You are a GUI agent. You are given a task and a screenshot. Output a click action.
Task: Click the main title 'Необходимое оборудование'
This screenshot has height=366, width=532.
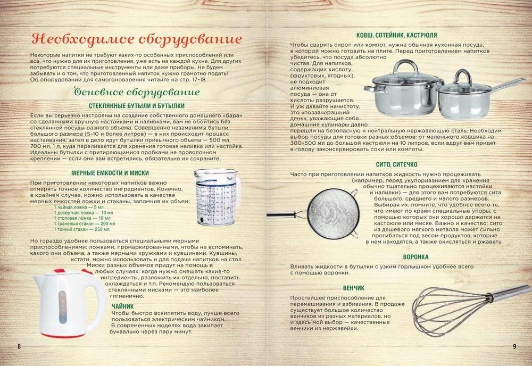(136, 39)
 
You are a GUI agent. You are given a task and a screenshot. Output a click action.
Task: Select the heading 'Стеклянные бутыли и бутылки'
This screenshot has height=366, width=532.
(136, 106)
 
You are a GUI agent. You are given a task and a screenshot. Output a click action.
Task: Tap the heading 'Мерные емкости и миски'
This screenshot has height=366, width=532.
(110, 173)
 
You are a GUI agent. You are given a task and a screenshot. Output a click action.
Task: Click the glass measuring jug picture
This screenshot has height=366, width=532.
(217, 197)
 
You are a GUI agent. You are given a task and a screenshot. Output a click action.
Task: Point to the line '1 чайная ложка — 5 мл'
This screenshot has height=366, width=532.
(79, 207)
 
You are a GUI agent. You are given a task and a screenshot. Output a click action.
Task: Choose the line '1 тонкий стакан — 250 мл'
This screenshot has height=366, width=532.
(81, 229)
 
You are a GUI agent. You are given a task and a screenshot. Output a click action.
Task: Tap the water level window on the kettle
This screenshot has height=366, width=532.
(62, 306)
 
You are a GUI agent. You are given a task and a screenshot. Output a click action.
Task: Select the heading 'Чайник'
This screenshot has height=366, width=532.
(123, 306)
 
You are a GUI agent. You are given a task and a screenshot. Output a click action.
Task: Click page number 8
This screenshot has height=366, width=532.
(19, 346)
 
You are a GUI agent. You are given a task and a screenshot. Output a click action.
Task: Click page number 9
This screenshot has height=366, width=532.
(514, 346)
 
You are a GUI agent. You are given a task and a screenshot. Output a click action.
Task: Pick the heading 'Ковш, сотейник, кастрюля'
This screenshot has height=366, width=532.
(397, 35)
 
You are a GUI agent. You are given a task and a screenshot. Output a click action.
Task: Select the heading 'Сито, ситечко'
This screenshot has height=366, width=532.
(397, 164)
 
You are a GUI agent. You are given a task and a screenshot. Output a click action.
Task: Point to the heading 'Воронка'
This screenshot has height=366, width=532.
(415, 257)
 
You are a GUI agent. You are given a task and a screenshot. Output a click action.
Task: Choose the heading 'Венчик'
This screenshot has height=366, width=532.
(354, 288)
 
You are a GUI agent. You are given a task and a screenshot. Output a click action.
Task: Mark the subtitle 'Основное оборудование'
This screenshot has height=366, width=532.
(136, 92)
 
